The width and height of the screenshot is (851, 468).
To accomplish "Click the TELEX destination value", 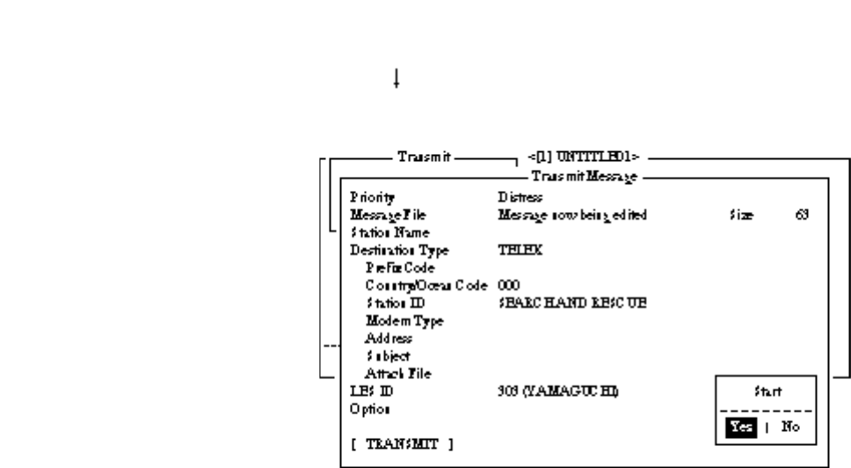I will point(520,250).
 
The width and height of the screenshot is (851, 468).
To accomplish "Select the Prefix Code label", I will point(400,267).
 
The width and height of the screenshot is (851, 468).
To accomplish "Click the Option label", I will point(370,408).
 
